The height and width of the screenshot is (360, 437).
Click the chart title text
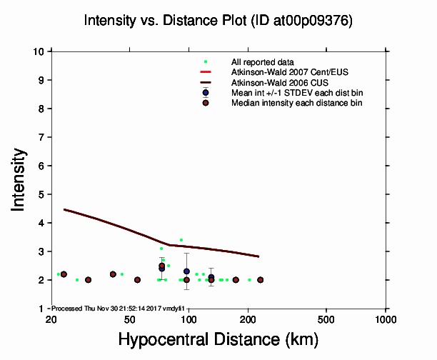[218, 21]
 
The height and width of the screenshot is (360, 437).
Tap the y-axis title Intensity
[19, 179]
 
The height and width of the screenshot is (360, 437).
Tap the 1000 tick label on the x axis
[386, 318]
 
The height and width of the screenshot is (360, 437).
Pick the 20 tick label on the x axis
[51, 318]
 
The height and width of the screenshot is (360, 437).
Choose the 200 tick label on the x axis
[248, 318]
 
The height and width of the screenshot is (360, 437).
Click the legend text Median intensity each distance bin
[296, 104]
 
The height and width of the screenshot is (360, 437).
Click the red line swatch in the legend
[206, 73]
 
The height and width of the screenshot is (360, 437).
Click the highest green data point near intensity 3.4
[181, 240]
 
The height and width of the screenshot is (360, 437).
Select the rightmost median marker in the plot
[260, 280]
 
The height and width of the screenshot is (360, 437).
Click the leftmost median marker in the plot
[64, 274]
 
